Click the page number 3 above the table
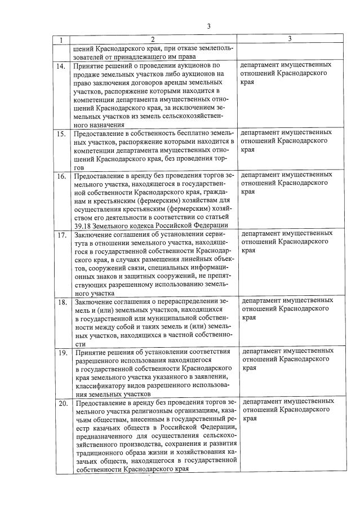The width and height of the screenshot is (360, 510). point(208,26)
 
